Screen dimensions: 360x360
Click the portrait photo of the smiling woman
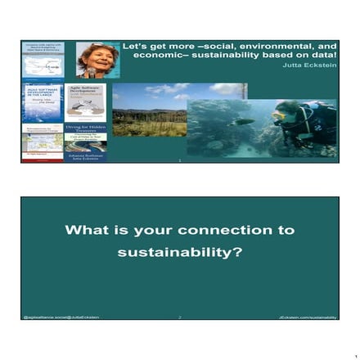[x=97, y=59]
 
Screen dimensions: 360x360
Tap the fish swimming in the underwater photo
[x=244, y=123]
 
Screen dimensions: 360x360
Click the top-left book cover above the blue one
[x=43, y=59]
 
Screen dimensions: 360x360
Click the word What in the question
[x=84, y=231]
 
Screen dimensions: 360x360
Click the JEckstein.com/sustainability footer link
[x=306, y=316]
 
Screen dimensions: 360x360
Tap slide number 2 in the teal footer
[x=180, y=316]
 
